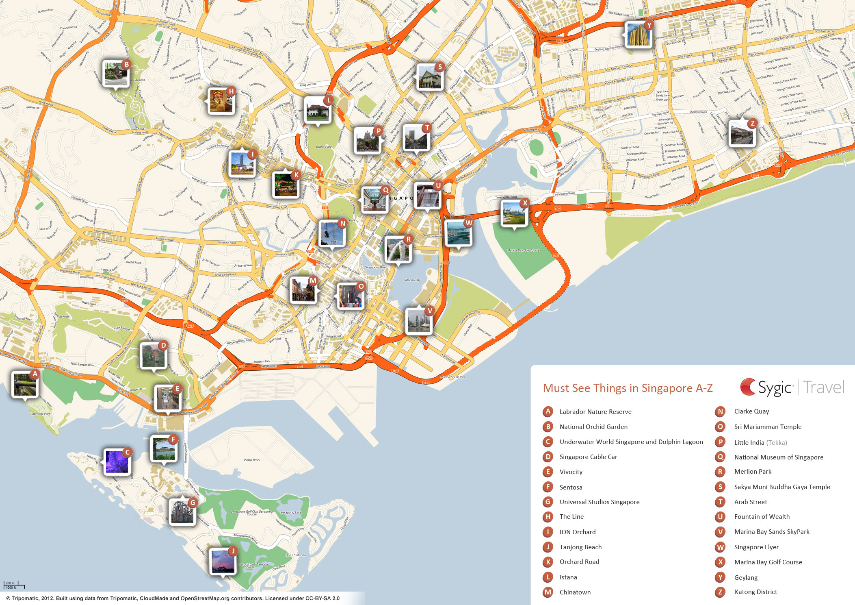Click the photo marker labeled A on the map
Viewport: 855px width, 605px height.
(25, 384)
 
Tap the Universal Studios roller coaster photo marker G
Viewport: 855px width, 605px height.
(182, 511)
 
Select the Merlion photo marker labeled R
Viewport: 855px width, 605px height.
(398, 249)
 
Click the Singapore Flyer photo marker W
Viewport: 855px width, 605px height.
(458, 233)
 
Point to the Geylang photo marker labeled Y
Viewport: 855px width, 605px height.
(639, 35)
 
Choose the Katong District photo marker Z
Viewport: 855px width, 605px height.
(742, 133)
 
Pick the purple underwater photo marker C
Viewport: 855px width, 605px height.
(117, 462)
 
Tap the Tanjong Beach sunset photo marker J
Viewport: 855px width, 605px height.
(223, 561)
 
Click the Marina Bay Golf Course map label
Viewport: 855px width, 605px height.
(523, 250)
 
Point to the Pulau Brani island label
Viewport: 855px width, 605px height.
(252, 460)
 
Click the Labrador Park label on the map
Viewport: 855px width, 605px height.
(41, 414)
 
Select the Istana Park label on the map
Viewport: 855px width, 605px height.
(324, 147)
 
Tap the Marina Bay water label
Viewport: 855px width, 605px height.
(413, 280)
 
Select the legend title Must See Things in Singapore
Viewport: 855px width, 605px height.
(628, 388)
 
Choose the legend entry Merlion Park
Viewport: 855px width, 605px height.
(753, 472)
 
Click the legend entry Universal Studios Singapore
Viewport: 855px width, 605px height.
(599, 502)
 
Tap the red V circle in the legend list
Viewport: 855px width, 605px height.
(720, 532)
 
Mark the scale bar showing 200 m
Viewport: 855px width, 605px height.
(14, 585)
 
